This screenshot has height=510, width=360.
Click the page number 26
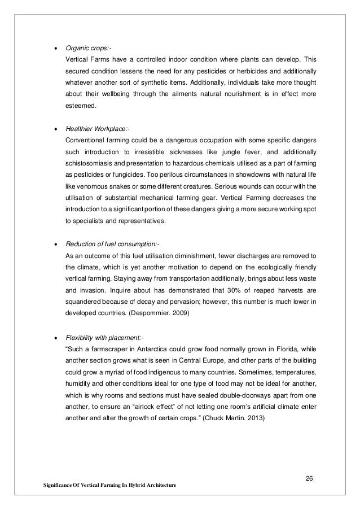coord(309,479)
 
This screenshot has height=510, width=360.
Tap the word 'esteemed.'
coord(81,105)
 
